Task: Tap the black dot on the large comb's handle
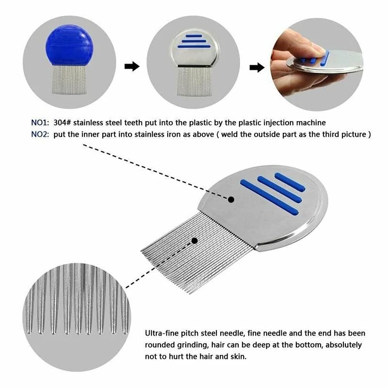(231, 199)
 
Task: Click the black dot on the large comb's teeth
(195, 240)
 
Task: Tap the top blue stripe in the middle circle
(193, 35)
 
